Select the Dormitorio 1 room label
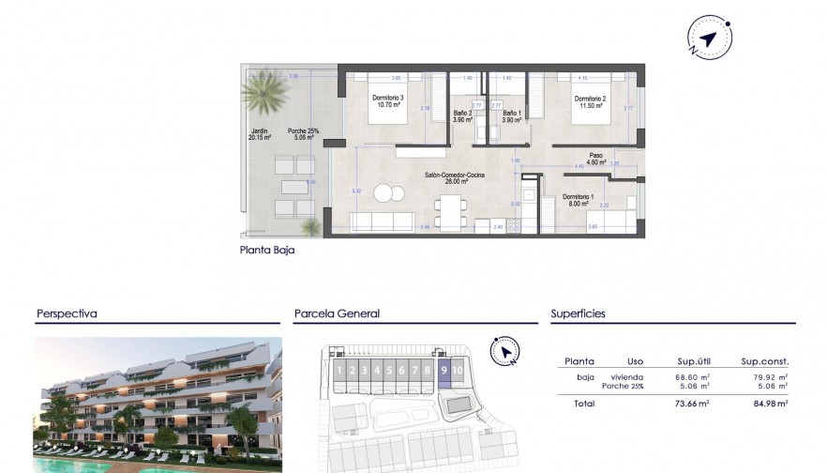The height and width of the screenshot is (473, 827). point(575,198)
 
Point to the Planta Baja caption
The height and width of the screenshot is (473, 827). point(267,251)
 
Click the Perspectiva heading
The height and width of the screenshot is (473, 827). point(67,314)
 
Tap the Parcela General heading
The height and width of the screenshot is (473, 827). point(337,314)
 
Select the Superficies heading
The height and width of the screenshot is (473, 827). point(578,314)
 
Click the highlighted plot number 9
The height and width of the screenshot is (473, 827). point(443,371)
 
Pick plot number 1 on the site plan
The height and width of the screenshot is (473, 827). point(338,371)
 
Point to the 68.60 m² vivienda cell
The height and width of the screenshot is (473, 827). point(689,375)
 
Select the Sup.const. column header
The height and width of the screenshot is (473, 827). point(765,361)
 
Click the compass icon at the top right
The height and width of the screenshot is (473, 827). point(708,38)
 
